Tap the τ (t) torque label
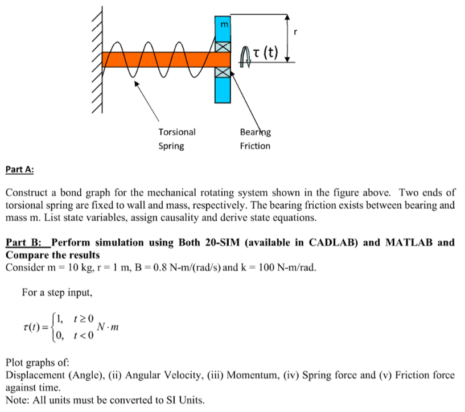click(266, 54)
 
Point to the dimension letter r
click(296, 32)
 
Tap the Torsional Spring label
click(176, 139)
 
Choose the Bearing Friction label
click(255, 139)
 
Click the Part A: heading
click(19, 169)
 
